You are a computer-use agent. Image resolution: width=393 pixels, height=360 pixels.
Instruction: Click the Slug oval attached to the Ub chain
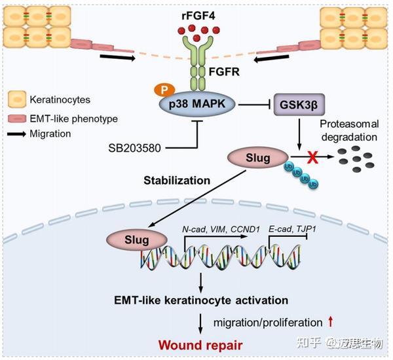click(x=250, y=158)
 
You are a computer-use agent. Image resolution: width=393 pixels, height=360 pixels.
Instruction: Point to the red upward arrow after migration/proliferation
click(x=331, y=322)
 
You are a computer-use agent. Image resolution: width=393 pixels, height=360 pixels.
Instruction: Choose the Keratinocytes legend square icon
click(x=17, y=100)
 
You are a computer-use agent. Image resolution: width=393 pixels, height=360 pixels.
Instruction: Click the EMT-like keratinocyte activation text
click(x=191, y=300)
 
